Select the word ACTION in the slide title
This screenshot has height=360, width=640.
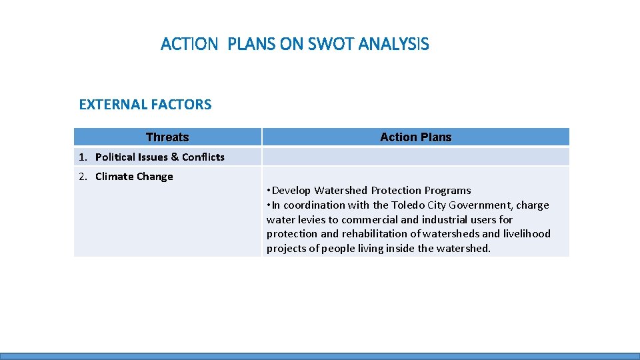pyautogui.click(x=189, y=45)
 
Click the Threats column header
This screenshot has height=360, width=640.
pyautogui.click(x=167, y=137)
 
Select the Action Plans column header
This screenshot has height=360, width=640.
pyautogui.click(x=415, y=137)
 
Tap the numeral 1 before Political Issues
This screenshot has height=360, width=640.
pyautogui.click(x=81, y=157)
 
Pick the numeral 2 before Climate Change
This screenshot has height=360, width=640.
pyautogui.click(x=81, y=177)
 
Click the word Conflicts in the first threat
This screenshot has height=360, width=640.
pyautogui.click(x=203, y=157)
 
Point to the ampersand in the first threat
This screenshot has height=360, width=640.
pyautogui.click(x=175, y=157)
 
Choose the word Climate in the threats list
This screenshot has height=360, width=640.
pyautogui.click(x=114, y=177)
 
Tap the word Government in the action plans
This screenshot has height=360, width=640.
pyautogui.click(x=481, y=205)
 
